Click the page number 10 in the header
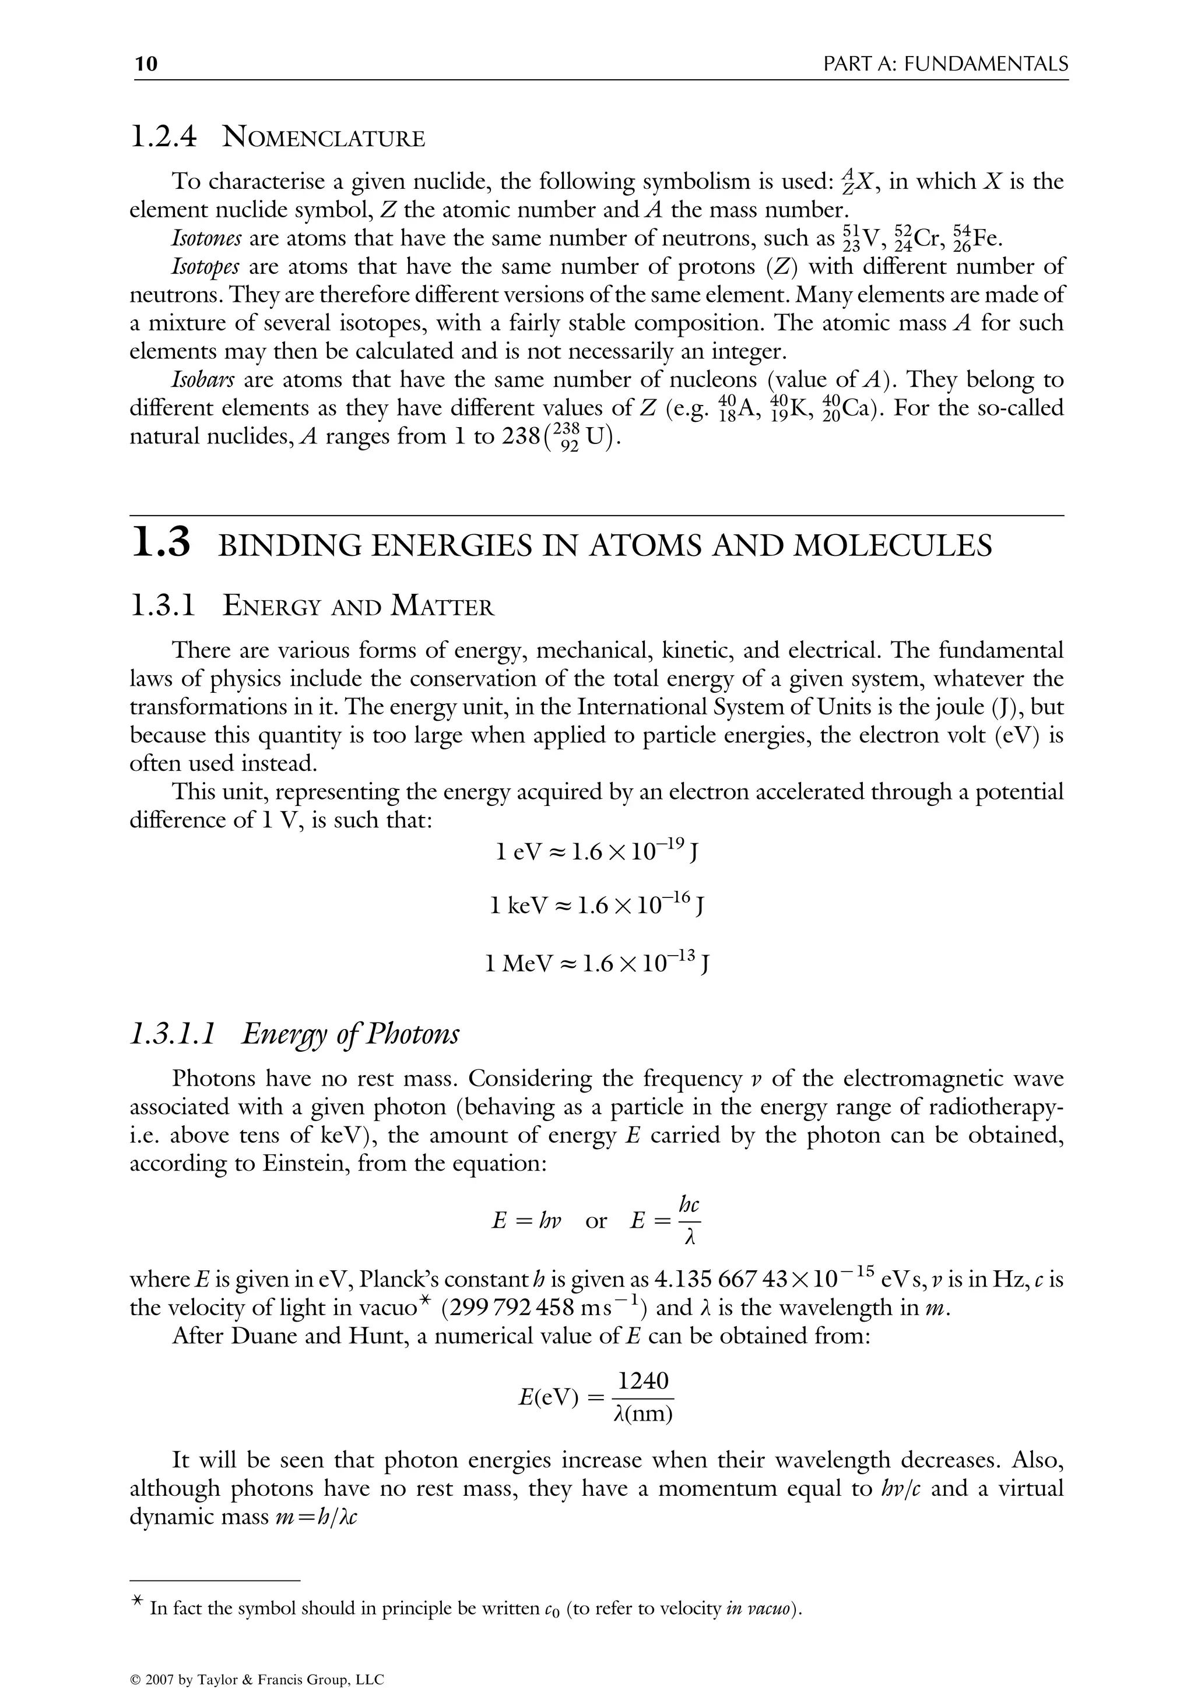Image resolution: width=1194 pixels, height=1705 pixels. [x=146, y=65]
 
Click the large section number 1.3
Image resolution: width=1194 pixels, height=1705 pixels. [x=161, y=544]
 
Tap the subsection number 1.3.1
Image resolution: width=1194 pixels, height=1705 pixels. [x=163, y=606]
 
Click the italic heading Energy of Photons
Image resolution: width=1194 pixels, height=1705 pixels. [x=350, y=1034]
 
